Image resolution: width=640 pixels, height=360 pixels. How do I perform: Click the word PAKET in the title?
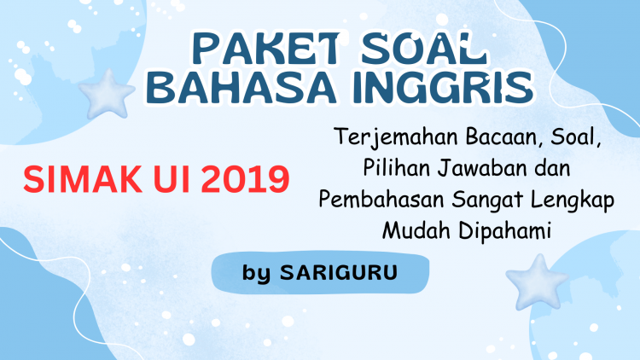tap(266, 49)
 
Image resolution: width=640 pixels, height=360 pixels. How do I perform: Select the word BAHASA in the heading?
tap(241, 87)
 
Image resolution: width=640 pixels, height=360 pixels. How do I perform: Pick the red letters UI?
tap(172, 179)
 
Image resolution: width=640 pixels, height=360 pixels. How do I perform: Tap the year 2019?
tap(245, 179)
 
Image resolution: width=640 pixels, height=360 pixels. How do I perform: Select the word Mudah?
tap(416, 230)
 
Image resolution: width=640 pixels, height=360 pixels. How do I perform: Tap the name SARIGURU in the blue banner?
tap(339, 272)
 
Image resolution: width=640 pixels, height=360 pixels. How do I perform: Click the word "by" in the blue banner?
tap(256, 273)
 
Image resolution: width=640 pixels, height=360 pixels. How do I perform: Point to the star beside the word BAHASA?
tap(107, 95)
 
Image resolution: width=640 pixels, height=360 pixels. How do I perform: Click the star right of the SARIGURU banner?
tap(537, 282)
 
